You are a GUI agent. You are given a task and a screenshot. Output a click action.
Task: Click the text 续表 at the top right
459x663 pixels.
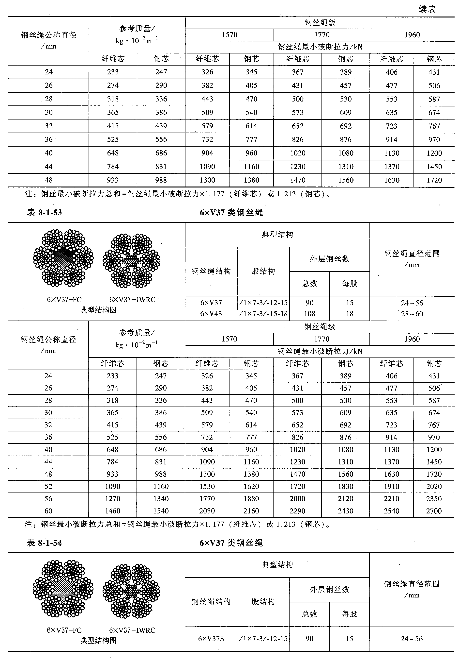[427, 10]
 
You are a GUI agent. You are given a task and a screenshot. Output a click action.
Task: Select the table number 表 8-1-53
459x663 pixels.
[44, 213]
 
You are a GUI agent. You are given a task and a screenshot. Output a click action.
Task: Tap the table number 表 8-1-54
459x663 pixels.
[44, 543]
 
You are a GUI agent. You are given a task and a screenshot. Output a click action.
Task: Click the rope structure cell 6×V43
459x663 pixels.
[211, 314]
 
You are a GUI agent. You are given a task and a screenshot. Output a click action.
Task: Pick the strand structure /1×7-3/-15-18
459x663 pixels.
[263, 314]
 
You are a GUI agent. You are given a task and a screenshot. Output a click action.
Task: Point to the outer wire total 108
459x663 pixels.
[309, 314]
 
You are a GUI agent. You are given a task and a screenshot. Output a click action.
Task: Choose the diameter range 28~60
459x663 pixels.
[412, 314]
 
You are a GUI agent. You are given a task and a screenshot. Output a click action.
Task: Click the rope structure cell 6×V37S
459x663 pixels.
[211, 639]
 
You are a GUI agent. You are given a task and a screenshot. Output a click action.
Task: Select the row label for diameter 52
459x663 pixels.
[48, 486]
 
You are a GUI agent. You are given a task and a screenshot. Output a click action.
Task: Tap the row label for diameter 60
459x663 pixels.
[48, 511]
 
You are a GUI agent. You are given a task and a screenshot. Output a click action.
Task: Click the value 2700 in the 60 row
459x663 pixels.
[434, 511]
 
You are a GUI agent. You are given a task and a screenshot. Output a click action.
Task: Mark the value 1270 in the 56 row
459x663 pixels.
[112, 499]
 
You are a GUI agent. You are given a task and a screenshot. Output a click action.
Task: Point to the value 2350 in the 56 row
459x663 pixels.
[434, 499]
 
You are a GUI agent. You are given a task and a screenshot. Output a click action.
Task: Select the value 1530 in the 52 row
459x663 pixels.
[207, 486]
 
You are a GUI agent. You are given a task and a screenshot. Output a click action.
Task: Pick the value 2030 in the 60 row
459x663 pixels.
[207, 511]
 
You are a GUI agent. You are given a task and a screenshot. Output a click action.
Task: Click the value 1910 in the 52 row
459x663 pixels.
[391, 486]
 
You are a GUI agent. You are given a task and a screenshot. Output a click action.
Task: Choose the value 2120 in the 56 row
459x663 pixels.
[345, 499]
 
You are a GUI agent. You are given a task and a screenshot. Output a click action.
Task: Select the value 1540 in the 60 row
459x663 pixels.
[161, 511]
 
